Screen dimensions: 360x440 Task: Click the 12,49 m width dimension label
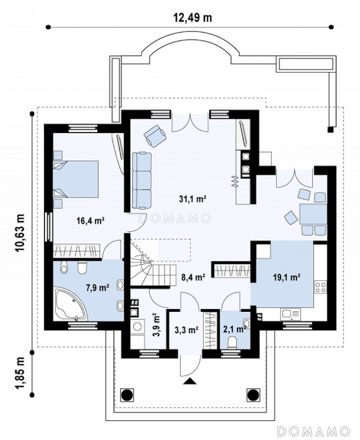coord(192,18)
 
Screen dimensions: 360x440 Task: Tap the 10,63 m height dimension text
coord(20,233)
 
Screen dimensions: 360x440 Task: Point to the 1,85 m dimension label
coord(20,373)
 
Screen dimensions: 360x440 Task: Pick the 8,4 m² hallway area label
coord(193,278)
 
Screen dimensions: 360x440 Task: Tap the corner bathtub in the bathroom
coord(72,305)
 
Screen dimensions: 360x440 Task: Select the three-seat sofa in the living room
coord(142,180)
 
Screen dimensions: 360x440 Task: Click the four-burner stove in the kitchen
coord(321,287)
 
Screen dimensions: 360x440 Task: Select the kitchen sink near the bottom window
coord(290,314)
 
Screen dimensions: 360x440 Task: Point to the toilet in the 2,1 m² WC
coord(232,343)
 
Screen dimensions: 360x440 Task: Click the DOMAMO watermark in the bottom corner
coord(314,431)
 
